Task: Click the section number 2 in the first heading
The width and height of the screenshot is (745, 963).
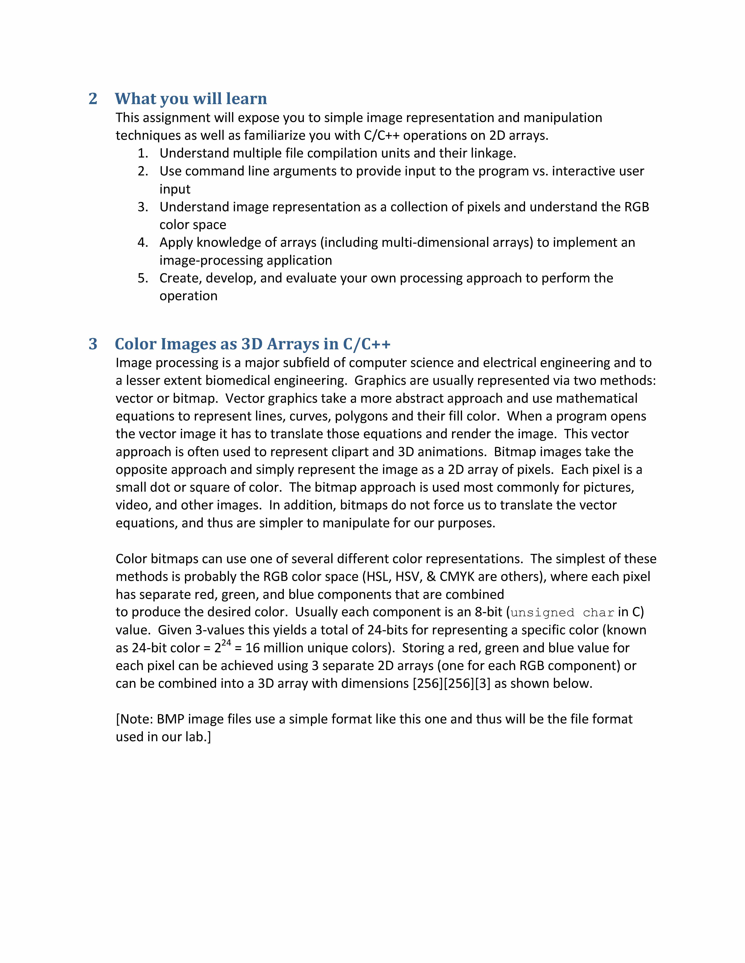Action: coord(93,99)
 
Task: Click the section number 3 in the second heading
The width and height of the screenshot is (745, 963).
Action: coord(93,344)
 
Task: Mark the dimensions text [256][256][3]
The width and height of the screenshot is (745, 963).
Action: coord(451,683)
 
